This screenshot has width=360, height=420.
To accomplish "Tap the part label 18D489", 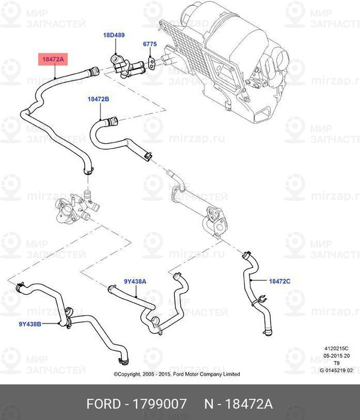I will (114, 35).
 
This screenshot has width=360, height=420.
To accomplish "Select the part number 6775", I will (150, 46).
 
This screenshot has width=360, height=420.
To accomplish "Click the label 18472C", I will (280, 281).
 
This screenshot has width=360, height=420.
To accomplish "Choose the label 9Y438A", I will (135, 282).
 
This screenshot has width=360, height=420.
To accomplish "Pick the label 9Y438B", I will (30, 324).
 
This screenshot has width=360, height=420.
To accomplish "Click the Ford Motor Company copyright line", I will (177, 374).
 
